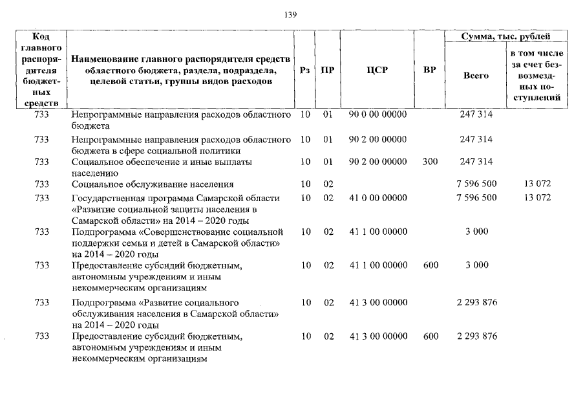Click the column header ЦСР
click(x=378, y=71)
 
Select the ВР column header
click(x=429, y=71)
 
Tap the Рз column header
click(x=306, y=71)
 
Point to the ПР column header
click(x=328, y=71)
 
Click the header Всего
click(x=476, y=76)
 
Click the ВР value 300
click(x=430, y=161)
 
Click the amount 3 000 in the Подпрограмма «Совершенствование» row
click(x=476, y=232)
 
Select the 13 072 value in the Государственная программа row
click(x=537, y=198)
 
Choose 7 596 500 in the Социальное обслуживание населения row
click(x=476, y=184)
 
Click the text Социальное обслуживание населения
click(x=153, y=185)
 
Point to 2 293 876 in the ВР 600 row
click(x=476, y=336)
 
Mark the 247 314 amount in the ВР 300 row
click(x=476, y=161)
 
